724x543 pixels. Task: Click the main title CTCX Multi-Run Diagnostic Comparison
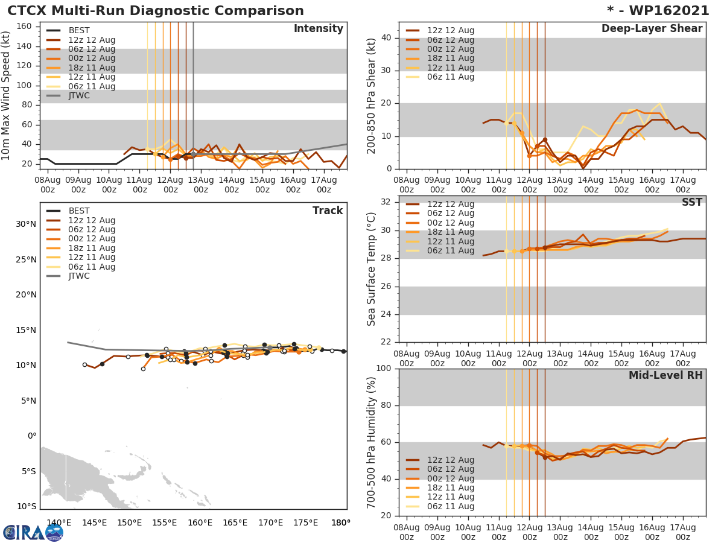(156, 11)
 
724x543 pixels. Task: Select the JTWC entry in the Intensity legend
(79, 96)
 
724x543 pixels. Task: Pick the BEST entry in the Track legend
(79, 211)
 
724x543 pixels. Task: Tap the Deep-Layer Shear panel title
(652, 29)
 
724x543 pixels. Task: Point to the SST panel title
(691, 203)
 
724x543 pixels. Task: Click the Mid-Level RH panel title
(665, 376)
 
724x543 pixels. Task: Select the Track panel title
(327, 211)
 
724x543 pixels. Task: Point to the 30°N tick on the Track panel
(26, 224)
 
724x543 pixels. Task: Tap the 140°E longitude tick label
(59, 522)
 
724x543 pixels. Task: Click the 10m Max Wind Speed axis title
(7, 92)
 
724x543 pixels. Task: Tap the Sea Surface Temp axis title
(372, 270)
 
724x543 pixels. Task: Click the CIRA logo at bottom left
(33, 533)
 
